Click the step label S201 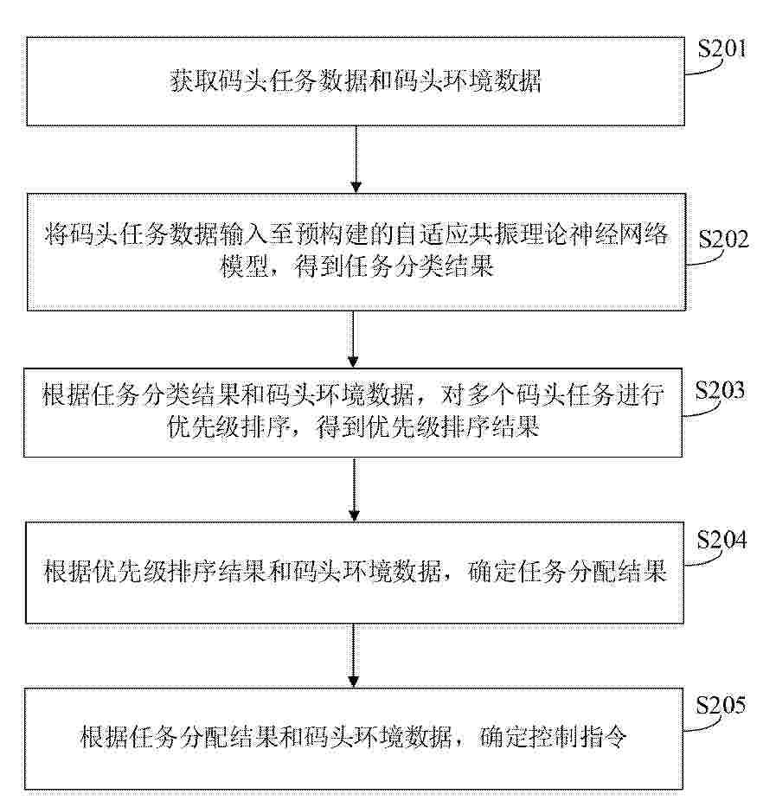722,49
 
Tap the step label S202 723,240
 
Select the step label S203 720,391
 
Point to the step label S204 722,540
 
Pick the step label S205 721,705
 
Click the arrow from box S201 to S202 356,159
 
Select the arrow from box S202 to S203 353,339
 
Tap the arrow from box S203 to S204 355,490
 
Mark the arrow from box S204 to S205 353,655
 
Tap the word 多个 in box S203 490,395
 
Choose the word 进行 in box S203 639,395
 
